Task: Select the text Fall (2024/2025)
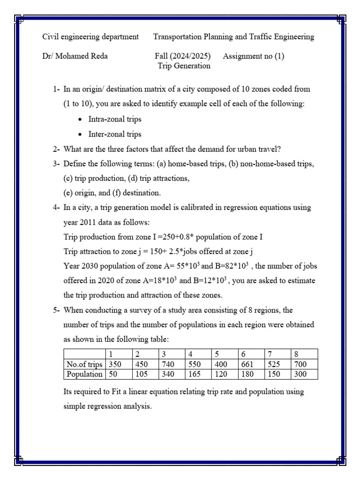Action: coord(182,56)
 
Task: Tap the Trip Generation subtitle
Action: coord(184,66)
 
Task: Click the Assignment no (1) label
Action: coord(254,56)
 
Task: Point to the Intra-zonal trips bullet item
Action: coord(115,119)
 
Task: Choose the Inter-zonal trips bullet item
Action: coord(115,134)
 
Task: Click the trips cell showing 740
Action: coord(167,364)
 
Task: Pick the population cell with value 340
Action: coord(167,374)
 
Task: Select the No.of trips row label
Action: coord(84,364)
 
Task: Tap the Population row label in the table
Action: coord(84,374)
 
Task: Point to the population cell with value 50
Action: coord(113,374)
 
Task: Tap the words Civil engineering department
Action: coord(90,37)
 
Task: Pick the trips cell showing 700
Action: coord(300,364)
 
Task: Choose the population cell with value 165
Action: coord(195,374)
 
